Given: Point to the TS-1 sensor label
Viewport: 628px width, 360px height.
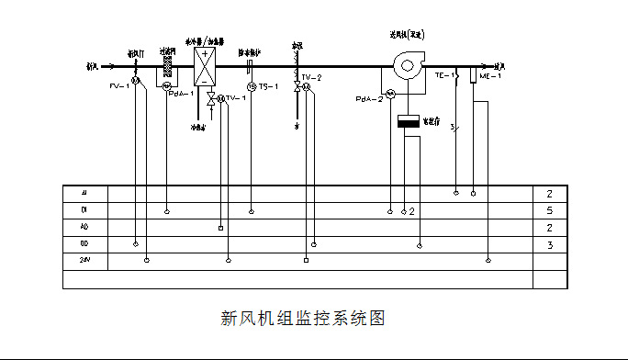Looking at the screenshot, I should click(x=268, y=86).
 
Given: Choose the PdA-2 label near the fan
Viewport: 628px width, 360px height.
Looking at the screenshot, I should click(x=369, y=98).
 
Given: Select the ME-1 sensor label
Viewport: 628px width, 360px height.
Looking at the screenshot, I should click(x=490, y=76).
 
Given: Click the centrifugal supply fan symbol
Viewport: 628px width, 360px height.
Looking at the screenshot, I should click(x=404, y=65).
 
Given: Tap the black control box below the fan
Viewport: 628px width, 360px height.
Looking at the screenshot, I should click(x=408, y=121).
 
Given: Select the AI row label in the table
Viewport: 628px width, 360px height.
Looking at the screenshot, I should click(x=84, y=194).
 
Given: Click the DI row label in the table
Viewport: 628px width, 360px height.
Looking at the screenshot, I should click(x=84, y=210).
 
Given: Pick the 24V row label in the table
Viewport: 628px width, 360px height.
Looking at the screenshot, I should click(x=84, y=261).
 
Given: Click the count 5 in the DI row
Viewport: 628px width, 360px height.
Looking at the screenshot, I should click(x=549, y=210).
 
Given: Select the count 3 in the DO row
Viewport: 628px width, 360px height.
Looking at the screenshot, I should click(x=549, y=244).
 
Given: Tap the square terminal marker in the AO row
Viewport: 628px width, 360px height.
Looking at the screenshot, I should click(x=220, y=227).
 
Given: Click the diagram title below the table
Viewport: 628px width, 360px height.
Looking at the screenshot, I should click(x=302, y=319).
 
